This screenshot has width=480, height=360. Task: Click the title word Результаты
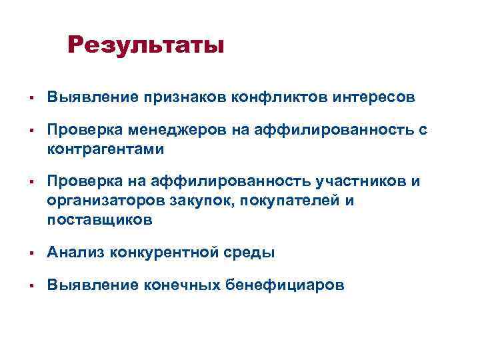(x=146, y=46)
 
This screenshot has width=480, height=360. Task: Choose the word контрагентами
(x=105, y=149)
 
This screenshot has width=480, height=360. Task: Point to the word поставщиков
(x=99, y=219)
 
